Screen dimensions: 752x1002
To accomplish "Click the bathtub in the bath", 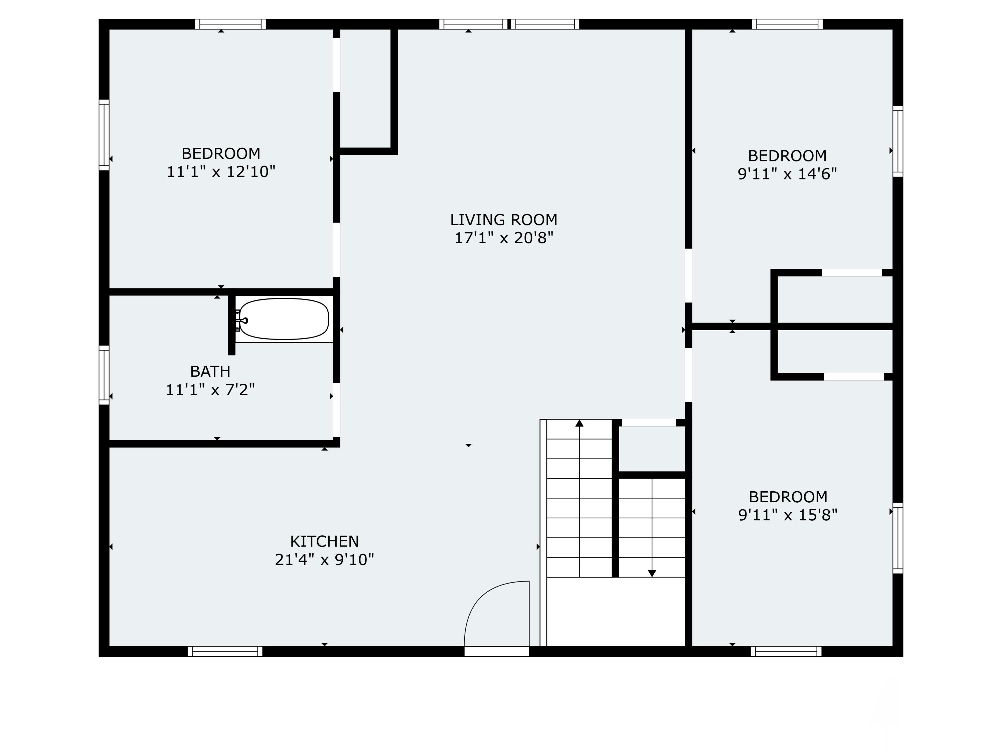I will [x=284, y=319].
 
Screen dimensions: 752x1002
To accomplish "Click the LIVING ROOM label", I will [x=503, y=220].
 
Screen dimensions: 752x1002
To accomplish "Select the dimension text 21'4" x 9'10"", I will [x=324, y=560].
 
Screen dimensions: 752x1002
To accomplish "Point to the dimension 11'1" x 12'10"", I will [x=221, y=172].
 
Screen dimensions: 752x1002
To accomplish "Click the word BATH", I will [x=210, y=371].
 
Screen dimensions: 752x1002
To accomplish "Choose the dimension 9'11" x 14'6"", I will [x=787, y=174].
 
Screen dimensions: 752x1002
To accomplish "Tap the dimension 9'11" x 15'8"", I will [x=788, y=515].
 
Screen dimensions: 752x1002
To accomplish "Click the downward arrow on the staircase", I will [x=652, y=574].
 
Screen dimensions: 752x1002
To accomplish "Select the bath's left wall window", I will [x=104, y=375].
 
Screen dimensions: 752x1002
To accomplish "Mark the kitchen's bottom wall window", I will [x=225, y=651].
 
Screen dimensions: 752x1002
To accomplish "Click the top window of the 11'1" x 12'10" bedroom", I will [x=230, y=24].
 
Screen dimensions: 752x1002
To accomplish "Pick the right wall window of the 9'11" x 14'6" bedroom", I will [x=898, y=141].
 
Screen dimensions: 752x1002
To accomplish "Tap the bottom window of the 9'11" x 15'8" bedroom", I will [x=786, y=651].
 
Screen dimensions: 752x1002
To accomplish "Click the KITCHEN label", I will [x=324, y=541].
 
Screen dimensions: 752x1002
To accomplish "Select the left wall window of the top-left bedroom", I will [x=104, y=135].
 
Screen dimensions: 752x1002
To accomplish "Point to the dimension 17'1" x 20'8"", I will [x=504, y=238].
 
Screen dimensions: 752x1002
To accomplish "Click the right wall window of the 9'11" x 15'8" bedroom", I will [x=898, y=538].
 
